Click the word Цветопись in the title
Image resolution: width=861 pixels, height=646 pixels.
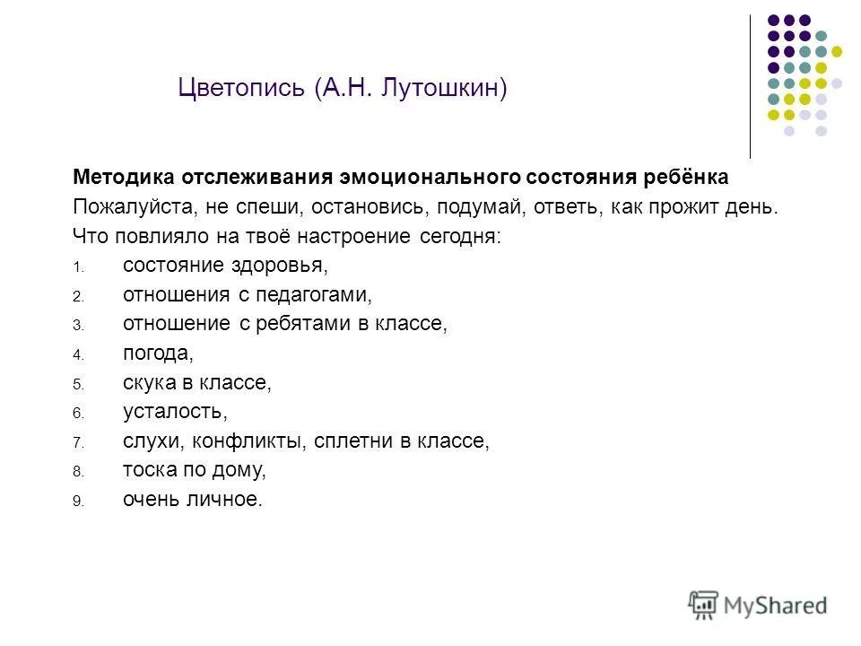pos(242,88)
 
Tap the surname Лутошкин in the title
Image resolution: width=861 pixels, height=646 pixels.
pos(442,88)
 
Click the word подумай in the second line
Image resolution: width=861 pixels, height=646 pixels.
pos(481,206)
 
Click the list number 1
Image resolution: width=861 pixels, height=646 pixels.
pos(77,267)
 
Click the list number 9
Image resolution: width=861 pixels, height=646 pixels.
pos(77,502)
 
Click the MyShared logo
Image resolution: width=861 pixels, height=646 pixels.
pos(758,604)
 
